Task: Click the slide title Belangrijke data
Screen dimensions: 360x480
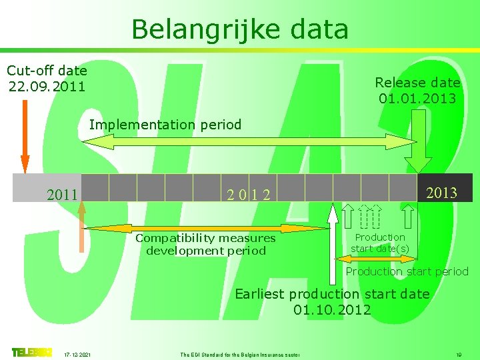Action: click(x=240, y=29)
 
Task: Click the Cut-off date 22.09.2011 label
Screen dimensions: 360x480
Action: click(x=47, y=78)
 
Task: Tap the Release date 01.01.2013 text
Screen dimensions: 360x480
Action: click(x=417, y=91)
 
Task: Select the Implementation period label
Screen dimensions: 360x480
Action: click(x=165, y=125)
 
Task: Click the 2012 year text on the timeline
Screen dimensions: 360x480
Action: click(x=249, y=195)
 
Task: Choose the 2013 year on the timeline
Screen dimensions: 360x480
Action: click(x=441, y=193)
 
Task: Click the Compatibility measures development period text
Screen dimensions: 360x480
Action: click(x=205, y=244)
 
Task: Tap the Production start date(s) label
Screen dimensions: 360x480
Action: click(x=380, y=243)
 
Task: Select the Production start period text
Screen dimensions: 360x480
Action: click(x=407, y=271)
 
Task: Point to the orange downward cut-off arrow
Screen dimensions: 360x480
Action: click(x=25, y=133)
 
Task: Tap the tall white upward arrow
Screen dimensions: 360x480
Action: click(x=333, y=247)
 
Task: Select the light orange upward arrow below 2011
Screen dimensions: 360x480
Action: click(x=81, y=227)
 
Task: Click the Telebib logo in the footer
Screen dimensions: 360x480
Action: click(x=31, y=352)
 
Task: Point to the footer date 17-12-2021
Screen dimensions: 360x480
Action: click(x=78, y=353)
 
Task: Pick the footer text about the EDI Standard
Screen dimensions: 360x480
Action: click(x=240, y=353)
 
